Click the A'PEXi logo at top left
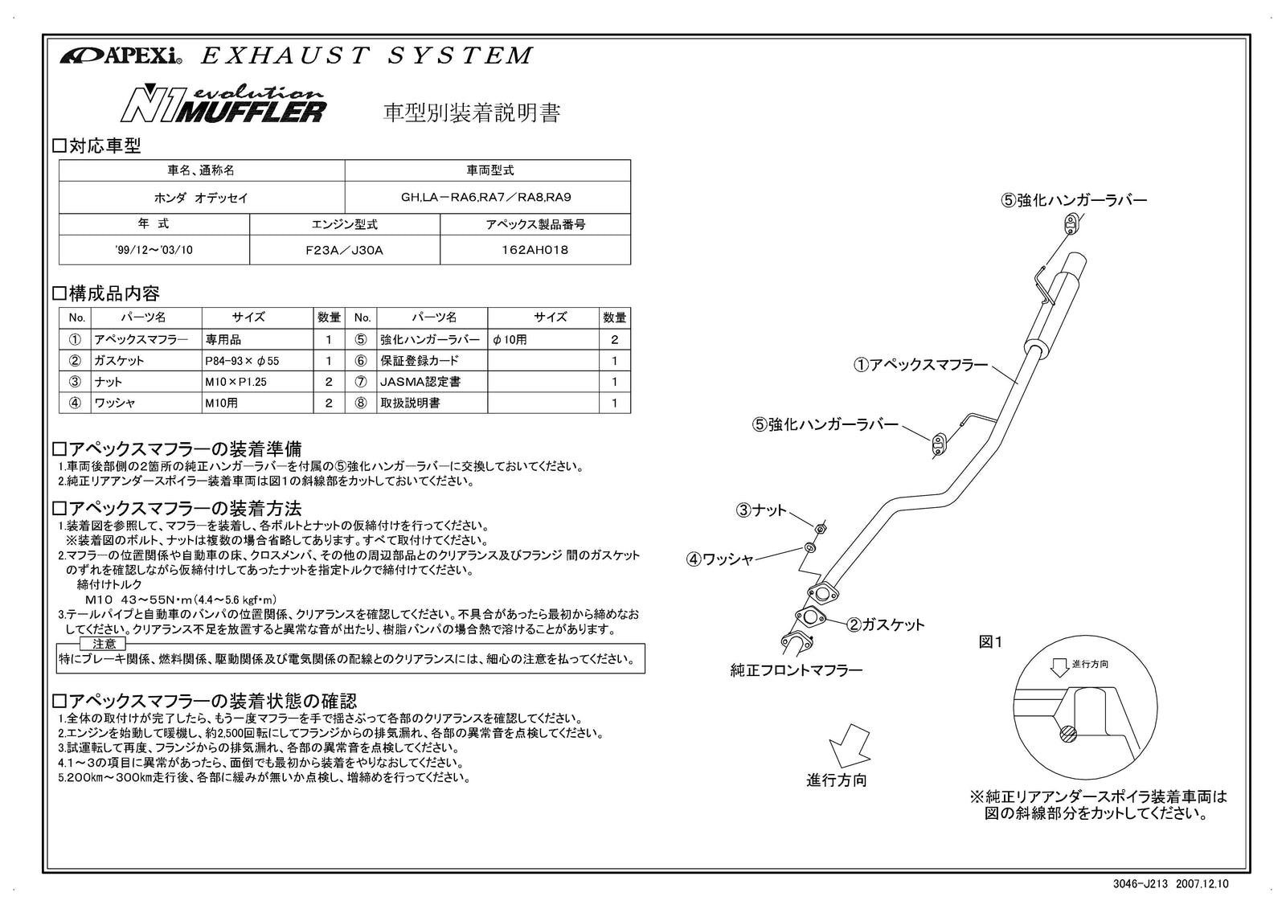[x=121, y=57]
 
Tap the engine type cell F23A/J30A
[x=344, y=250]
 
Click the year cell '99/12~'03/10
[x=154, y=250]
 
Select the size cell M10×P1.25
[x=235, y=382]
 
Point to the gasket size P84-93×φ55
[x=241, y=361]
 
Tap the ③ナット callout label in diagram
[x=761, y=510]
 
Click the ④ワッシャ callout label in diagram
[x=719, y=559]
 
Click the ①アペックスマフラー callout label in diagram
[x=920, y=365]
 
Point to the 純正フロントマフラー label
[x=796, y=669]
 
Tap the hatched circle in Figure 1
[x=1067, y=733]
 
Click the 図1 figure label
[x=990, y=642]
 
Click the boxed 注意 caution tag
[x=104, y=644]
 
